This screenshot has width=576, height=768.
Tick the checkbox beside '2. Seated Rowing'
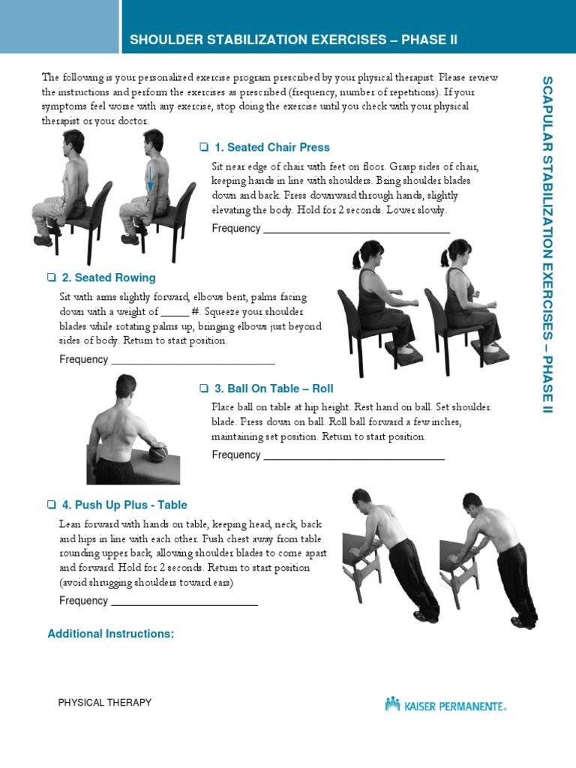pyautogui.click(x=52, y=277)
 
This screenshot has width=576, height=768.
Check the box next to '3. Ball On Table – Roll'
pyautogui.click(x=203, y=388)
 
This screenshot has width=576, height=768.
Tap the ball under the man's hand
pyautogui.click(x=157, y=454)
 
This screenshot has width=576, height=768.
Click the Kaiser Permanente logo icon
pyautogui.click(x=392, y=703)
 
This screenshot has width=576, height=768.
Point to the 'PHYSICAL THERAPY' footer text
pyautogui.click(x=105, y=703)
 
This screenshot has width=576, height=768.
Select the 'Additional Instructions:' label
pyautogui.click(x=111, y=634)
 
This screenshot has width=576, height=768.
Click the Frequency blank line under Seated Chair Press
pyautogui.click(x=356, y=232)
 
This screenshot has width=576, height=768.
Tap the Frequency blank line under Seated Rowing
pyautogui.click(x=193, y=363)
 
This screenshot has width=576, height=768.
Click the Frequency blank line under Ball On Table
pyautogui.click(x=353, y=458)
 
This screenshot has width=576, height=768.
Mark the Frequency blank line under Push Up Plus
pyautogui.click(x=184, y=604)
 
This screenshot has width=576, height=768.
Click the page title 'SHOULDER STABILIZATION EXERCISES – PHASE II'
pyautogui.click(x=293, y=40)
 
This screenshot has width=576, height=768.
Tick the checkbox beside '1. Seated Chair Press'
pyautogui.click(x=203, y=147)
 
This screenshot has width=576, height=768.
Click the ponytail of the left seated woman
pyautogui.click(x=358, y=259)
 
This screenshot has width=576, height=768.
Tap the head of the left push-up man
pyautogui.click(x=361, y=497)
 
